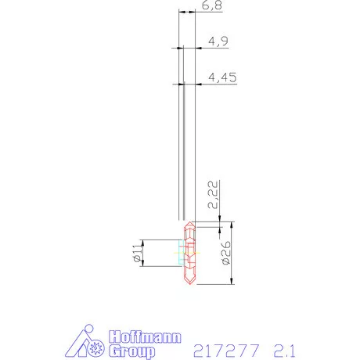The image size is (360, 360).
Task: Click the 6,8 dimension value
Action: click(211, 7)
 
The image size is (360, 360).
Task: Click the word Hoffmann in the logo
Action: click(143, 337)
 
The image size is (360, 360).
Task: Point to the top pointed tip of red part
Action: click(189, 221)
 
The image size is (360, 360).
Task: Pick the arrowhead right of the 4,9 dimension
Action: click(197, 49)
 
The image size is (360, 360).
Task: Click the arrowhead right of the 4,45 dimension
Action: click(197, 85)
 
